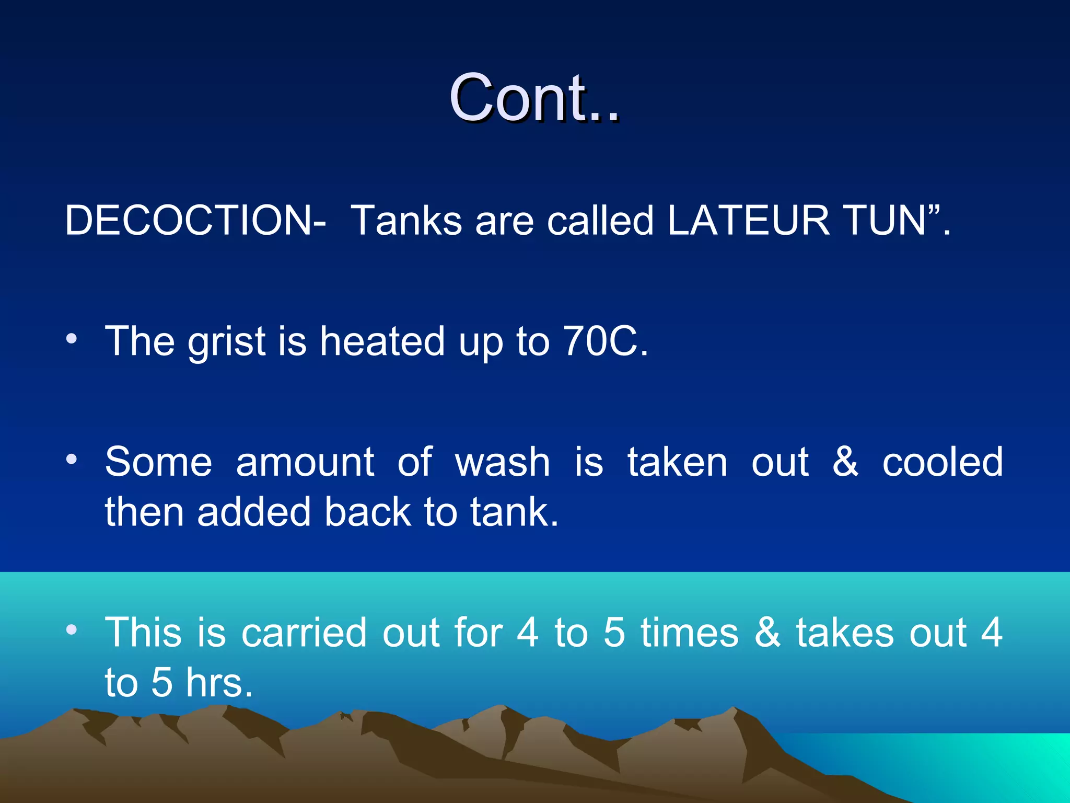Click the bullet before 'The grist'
[x=72, y=339]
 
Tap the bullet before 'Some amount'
[x=72, y=460]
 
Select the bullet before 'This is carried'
[x=72, y=630]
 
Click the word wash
[x=503, y=463]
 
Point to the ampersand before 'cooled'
[x=845, y=463]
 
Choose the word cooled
[x=943, y=463]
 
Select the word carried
[x=304, y=633]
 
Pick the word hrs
[x=219, y=683]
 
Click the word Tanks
[x=406, y=221]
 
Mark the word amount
[x=305, y=463]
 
